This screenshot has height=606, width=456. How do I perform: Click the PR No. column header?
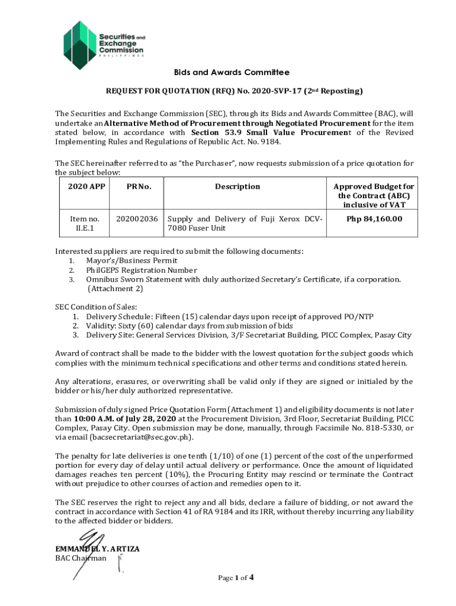(139, 186)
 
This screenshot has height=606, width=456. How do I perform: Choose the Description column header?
(237, 186)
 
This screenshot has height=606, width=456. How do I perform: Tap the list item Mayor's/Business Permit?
(131, 260)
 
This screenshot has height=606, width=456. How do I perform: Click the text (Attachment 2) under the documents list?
(115, 289)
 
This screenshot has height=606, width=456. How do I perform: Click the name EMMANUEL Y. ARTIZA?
(97, 549)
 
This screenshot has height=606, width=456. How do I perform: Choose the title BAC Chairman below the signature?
(81, 558)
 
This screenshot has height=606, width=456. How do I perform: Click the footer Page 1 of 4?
(235, 578)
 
